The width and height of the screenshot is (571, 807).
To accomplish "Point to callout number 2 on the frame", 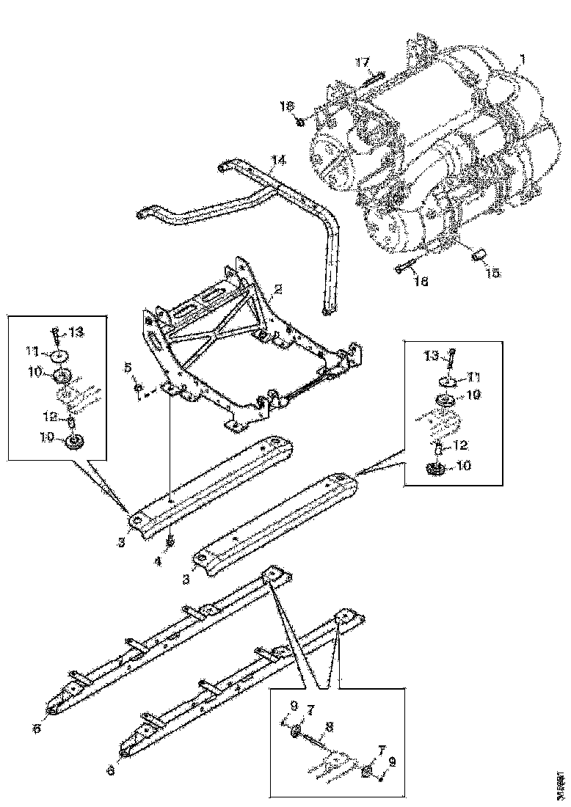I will [277, 291].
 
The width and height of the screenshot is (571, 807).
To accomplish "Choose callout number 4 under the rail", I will [156, 563].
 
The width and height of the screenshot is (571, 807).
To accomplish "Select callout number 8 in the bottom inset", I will [330, 727].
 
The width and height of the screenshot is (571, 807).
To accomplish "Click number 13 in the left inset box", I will [76, 332].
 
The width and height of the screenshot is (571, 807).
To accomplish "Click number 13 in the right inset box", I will [433, 356].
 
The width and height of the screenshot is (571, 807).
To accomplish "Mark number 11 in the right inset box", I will [473, 376].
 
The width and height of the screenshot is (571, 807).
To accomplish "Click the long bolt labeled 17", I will [373, 78].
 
